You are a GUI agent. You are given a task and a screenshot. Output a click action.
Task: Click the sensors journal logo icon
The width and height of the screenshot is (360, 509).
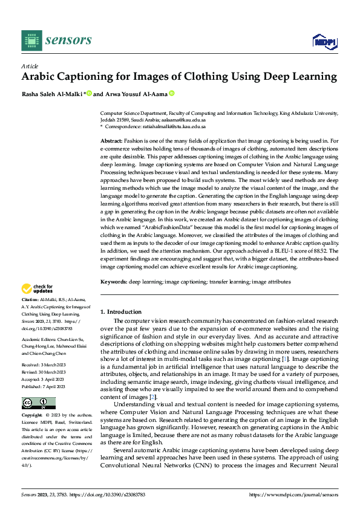[31, 40]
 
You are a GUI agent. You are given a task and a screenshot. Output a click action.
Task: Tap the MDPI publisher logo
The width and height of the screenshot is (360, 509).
[324, 41]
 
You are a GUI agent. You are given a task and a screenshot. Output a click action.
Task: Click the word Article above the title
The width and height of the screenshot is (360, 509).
[30, 66]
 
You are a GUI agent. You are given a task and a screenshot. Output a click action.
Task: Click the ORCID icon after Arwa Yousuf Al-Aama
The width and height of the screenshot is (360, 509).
[171, 94]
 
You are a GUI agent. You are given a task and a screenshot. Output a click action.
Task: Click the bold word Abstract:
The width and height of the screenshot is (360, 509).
[113, 140]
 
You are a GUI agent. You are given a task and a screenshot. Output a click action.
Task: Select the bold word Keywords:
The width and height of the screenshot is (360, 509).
[113, 281]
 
